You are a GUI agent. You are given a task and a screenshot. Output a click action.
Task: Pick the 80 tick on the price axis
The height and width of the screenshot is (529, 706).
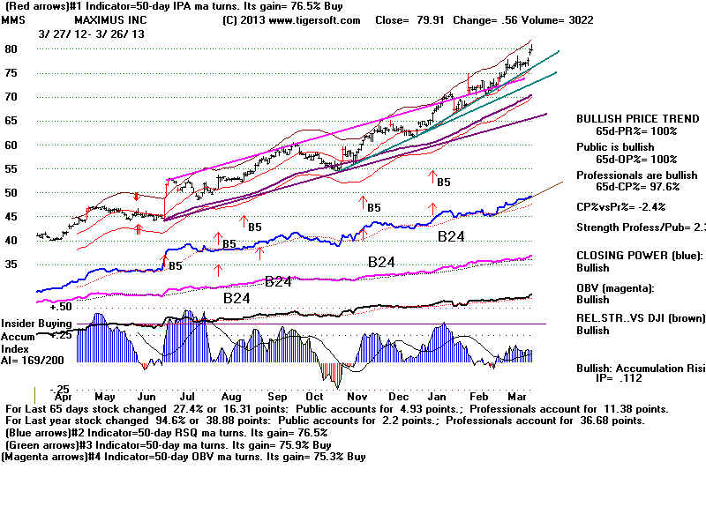pyautogui.click(x=12, y=49)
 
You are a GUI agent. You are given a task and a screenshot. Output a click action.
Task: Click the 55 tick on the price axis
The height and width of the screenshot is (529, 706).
pyautogui.click(x=12, y=168)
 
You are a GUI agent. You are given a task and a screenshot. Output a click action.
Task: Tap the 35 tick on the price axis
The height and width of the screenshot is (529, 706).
pyautogui.click(x=12, y=263)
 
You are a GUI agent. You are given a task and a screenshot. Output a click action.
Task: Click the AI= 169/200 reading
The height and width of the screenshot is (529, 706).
pyautogui.click(x=30, y=361)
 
